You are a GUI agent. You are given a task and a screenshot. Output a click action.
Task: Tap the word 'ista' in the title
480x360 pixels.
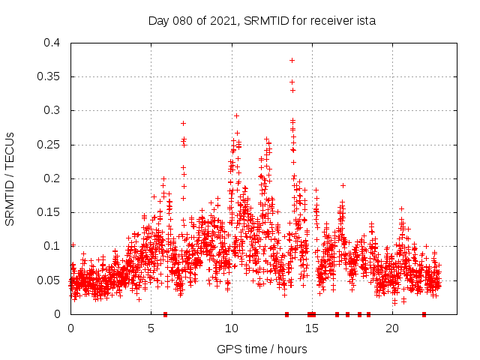(365, 21)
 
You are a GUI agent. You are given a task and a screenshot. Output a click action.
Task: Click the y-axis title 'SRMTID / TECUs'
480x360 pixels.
(10, 178)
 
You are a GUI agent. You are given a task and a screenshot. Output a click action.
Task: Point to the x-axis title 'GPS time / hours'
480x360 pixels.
(262, 349)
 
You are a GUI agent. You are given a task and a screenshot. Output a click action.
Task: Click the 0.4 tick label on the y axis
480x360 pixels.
(52, 43)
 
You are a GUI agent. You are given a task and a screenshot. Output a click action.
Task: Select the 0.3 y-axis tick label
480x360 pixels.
(52, 110)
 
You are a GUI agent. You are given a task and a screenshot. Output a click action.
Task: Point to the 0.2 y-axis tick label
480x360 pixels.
(52, 178)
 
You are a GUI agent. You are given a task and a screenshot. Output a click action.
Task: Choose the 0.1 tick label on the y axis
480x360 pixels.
(52, 246)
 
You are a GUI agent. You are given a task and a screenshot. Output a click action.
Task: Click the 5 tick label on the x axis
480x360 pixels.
(151, 328)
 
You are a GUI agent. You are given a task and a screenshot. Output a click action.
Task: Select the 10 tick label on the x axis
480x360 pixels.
(232, 328)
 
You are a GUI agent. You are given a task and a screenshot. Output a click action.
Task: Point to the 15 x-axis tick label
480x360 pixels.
(312, 328)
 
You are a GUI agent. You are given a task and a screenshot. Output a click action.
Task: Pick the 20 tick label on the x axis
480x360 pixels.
(392, 328)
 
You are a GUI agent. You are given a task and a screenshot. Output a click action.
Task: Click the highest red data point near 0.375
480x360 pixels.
(292, 60)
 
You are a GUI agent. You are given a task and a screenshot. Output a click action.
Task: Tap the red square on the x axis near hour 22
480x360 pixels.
(424, 314)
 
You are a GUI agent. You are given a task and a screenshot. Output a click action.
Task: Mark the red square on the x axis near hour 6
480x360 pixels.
(165, 314)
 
